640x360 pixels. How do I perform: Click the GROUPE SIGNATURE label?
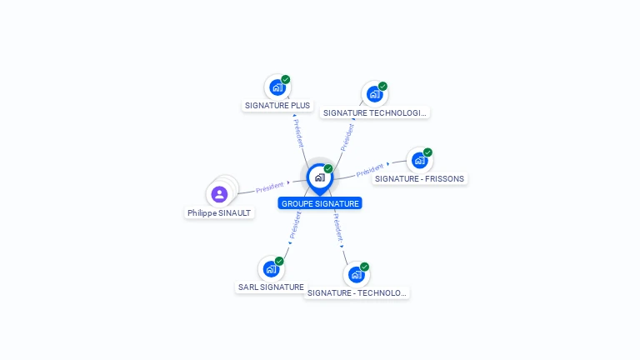320,203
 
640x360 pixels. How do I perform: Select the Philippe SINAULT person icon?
219,194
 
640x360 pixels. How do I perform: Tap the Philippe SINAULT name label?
219,213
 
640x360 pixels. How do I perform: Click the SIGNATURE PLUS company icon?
277,87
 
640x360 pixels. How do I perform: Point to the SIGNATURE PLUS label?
277,105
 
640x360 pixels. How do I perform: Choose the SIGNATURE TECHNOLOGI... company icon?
375,94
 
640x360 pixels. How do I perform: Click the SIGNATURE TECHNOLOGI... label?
375,113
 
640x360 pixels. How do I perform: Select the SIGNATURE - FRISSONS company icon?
420,160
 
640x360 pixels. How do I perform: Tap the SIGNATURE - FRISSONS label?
420,179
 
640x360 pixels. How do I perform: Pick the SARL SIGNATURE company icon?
271,269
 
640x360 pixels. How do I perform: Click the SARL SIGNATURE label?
271,287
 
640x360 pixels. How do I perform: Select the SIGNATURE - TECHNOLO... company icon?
357,275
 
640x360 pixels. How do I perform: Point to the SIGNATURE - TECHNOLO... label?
357,293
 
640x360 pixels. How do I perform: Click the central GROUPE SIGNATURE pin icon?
320,179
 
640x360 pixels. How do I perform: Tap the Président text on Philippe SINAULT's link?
269,187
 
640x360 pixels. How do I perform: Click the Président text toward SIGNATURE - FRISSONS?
370,170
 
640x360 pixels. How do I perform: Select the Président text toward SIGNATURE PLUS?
299,133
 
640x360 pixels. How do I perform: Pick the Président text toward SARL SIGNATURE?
295,225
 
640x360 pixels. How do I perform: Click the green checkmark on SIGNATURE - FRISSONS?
427,152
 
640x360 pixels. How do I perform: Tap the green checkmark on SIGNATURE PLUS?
285,79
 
